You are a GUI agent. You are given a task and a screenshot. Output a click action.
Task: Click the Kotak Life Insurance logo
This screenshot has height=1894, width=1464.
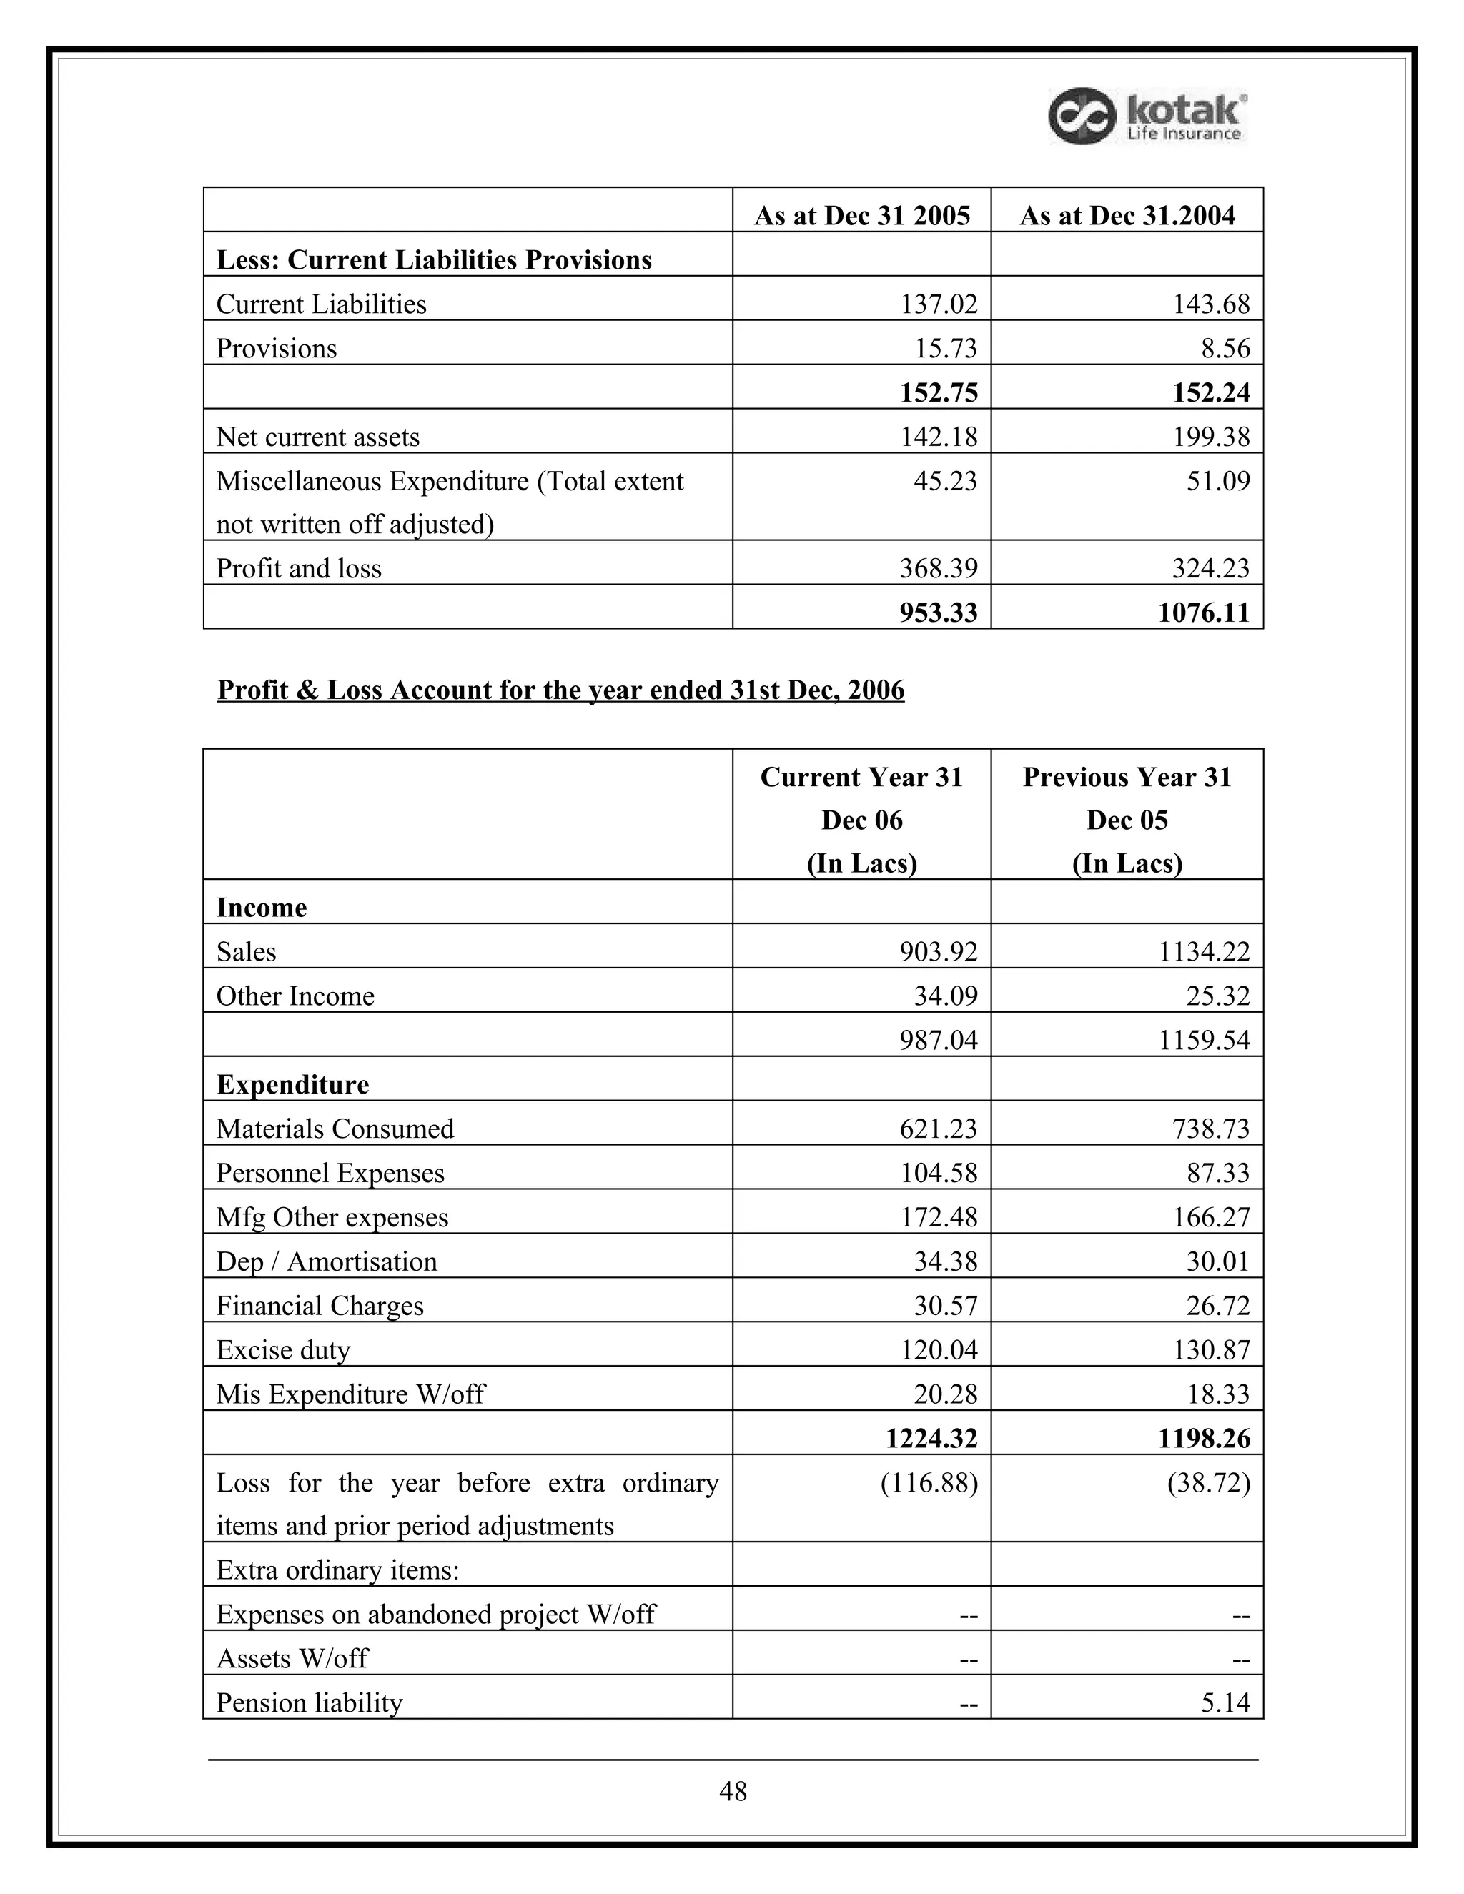1147,116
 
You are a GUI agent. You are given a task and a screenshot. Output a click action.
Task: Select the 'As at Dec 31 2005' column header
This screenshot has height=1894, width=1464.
861,215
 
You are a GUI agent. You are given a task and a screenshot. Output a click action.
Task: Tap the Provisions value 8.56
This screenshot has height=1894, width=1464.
1219,348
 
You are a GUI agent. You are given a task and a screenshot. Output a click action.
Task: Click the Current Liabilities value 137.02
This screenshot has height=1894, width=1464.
939,304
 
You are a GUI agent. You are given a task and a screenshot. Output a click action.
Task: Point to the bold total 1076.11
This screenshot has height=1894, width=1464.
1204,613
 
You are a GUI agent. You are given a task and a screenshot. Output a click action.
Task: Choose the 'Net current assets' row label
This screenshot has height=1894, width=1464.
317,436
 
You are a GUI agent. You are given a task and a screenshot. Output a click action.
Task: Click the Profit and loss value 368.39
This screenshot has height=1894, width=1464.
939,568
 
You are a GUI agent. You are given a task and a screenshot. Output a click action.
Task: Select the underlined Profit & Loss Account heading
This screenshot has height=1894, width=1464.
560,690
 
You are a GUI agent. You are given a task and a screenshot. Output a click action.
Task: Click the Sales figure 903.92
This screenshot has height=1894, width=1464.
939,951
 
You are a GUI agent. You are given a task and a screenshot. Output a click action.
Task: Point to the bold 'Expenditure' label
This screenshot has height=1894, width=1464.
292,1084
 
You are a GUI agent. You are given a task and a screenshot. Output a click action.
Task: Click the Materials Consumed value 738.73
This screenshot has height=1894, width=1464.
1211,1129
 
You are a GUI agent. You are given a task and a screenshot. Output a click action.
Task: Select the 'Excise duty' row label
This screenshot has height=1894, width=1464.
283,1349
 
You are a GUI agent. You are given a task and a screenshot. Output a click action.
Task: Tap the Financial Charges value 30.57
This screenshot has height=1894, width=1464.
944,1305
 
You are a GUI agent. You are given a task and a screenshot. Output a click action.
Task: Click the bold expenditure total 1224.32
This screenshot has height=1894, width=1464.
931,1438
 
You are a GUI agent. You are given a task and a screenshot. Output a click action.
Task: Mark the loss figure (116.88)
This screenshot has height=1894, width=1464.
929,1483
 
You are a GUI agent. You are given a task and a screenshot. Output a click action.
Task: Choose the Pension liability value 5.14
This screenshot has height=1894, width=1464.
1225,1702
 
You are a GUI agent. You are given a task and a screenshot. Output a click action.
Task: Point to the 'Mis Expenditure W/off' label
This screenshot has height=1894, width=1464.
350,1394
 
